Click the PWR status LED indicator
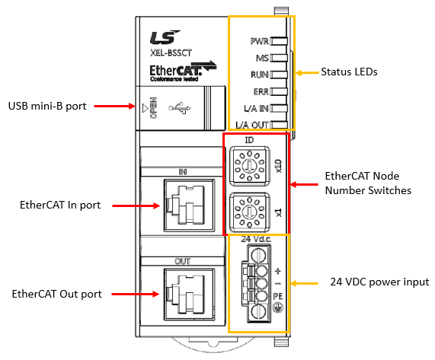279,41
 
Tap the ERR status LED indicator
279,91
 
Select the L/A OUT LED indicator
279,125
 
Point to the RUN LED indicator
279,75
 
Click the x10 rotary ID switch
250,166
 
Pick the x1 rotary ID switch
250,212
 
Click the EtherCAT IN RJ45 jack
189,205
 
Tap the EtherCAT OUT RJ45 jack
189,295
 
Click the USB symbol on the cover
180,108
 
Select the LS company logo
165,37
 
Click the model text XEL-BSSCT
171,53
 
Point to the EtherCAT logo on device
183,72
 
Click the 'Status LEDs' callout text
349,72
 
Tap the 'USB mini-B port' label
47,106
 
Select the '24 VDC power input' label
379,282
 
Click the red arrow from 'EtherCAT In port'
136,205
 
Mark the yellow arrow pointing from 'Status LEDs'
307,72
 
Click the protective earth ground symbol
278,307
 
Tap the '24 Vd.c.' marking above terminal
256,239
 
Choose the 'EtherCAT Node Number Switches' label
368,183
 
